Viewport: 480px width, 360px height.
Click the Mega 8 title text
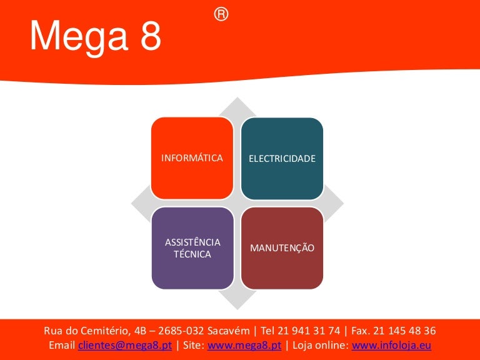[96, 37]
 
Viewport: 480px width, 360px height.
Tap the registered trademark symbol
[221, 14]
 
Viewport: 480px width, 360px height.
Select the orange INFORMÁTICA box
[192, 158]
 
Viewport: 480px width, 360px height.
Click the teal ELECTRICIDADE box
[282, 159]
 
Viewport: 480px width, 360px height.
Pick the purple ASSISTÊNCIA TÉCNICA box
[192, 248]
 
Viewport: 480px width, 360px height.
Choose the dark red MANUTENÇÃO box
[282, 248]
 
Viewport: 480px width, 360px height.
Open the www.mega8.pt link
[244, 346]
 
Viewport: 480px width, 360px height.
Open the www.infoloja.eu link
[392, 346]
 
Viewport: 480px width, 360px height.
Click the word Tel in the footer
[271, 331]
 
